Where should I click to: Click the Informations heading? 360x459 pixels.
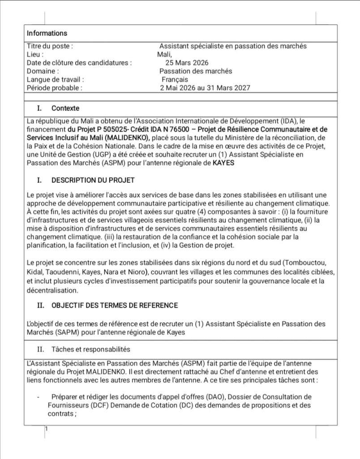[x=47, y=33]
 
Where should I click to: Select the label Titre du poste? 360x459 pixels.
[x=50, y=46]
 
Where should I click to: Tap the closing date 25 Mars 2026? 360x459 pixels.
[x=187, y=63]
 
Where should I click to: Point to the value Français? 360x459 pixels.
[x=175, y=79]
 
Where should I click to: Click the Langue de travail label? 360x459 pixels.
[x=56, y=79]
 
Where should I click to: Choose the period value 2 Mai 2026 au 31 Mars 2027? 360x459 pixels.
[x=205, y=88]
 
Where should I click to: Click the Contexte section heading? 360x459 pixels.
[x=65, y=108]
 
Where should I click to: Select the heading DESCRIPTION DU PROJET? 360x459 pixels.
[x=93, y=180]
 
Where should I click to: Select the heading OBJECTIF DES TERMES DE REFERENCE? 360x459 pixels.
[x=115, y=305]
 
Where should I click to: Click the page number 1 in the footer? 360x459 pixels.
[x=46, y=429]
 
